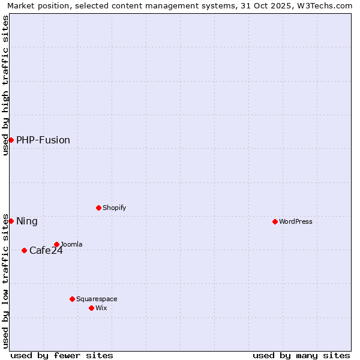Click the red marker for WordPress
pos(275,221)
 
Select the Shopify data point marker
pos(98,208)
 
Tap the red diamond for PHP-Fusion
pos(11,140)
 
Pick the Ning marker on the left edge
pos(11,221)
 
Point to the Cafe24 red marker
pos(24,250)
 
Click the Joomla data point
pos(56,244)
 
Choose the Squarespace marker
pos(72,299)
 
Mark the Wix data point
pos(91,308)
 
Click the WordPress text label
pos(296,221)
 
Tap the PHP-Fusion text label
pos(43,140)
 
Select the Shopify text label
pos(115,208)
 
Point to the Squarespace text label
pos(97,299)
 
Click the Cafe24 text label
pos(46,250)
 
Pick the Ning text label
pos(27,221)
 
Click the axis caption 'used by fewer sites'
pos(62,355)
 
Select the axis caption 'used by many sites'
pos(301,355)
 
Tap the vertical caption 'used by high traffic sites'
pos(5,85)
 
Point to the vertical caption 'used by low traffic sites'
pos(5,281)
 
